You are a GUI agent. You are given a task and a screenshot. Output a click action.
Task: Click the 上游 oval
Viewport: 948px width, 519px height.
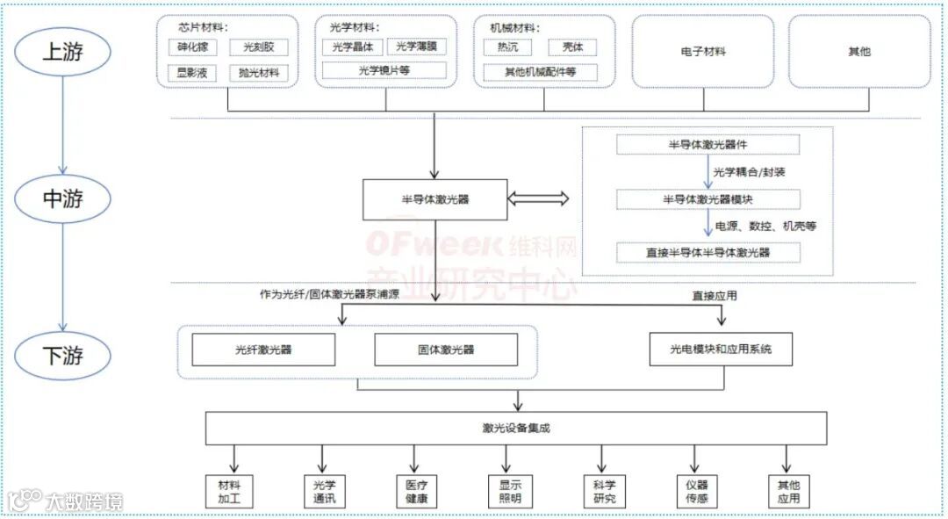point(62,51)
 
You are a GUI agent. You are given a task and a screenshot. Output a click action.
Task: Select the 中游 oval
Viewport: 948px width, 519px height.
point(62,199)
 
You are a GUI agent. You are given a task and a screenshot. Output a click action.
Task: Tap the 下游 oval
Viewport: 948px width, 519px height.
point(62,357)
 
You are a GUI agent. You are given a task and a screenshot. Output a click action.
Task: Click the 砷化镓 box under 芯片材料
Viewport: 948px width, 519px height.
point(192,47)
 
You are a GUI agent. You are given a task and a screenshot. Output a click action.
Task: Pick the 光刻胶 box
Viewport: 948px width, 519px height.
point(259,47)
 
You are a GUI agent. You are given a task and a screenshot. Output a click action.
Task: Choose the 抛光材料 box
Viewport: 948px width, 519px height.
point(259,73)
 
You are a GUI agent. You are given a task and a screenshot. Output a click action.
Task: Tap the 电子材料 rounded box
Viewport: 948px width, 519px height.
point(703,52)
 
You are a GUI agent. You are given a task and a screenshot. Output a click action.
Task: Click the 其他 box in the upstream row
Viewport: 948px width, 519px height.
point(859,52)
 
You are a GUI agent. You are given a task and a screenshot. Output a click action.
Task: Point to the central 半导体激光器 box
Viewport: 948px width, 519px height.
point(434,199)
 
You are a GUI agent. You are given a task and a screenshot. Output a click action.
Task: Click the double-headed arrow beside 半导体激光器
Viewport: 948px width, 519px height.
point(538,199)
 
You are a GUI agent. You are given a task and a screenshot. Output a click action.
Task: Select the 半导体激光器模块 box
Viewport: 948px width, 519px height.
point(707,199)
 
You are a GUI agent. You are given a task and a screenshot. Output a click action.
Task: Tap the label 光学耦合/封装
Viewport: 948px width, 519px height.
point(749,172)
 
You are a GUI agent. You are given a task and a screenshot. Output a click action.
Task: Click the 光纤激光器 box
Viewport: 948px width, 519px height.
point(263,350)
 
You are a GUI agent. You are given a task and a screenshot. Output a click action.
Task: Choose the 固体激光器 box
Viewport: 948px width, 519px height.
point(446,350)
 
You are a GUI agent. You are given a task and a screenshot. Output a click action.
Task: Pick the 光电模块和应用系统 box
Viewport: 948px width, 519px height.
point(722,350)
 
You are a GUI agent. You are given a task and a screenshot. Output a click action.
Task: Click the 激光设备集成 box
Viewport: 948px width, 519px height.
point(516,428)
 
